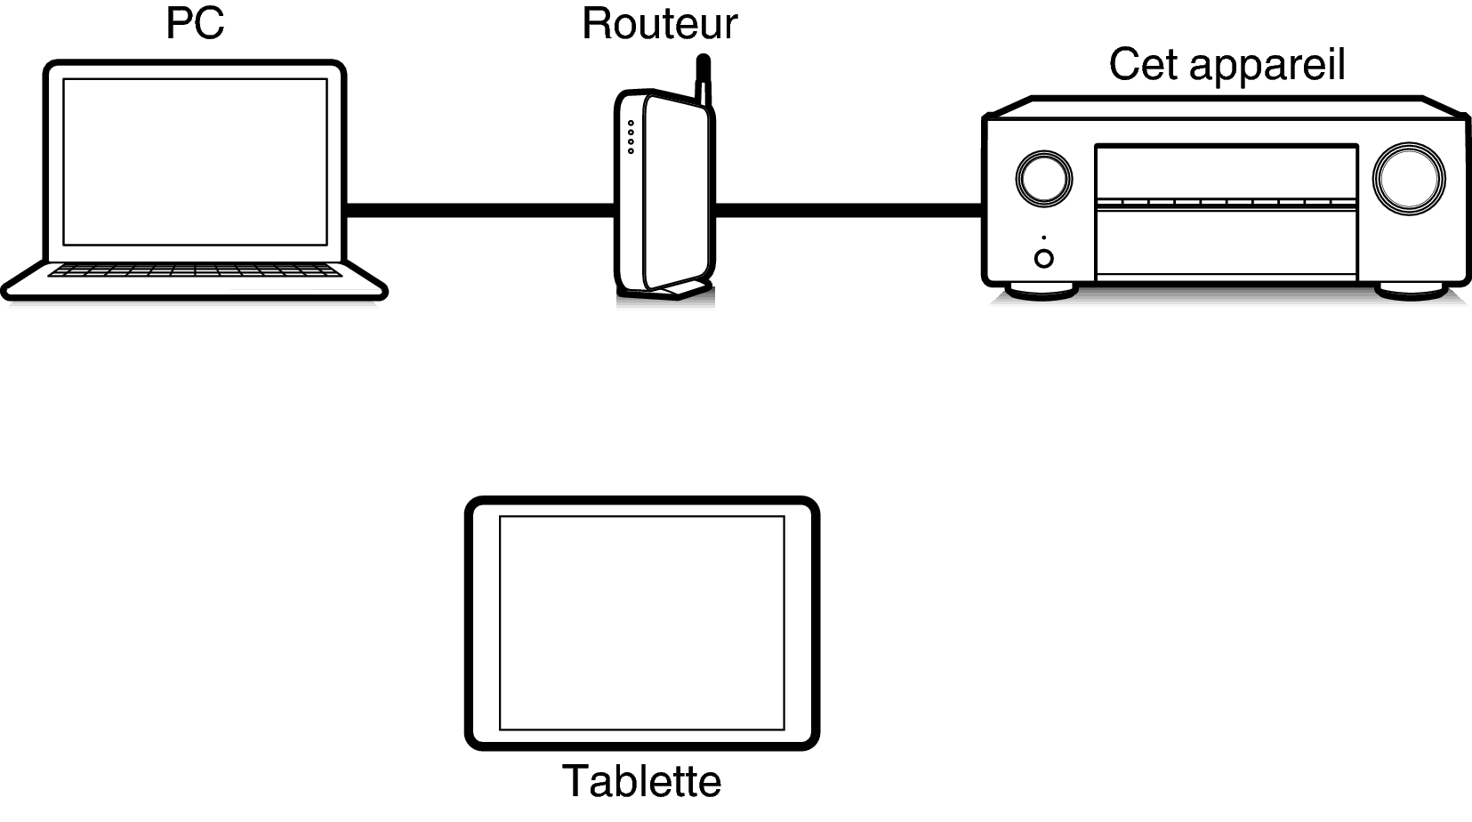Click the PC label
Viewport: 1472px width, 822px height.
195,23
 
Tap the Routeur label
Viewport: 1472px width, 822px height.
659,24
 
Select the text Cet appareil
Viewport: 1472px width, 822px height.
1227,66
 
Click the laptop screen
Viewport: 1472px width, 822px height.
195,162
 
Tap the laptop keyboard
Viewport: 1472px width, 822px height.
195,270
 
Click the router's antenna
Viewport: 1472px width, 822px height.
704,79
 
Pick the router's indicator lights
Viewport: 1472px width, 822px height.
631,137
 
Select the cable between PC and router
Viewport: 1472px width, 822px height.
479,210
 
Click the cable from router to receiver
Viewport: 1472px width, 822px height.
849,210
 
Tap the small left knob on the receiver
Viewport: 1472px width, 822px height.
1043,179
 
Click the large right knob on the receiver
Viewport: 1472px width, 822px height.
1408,179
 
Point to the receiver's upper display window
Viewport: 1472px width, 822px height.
1227,173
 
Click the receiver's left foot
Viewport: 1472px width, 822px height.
1041,292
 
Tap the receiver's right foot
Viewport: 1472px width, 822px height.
1411,292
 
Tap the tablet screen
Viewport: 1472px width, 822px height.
642,623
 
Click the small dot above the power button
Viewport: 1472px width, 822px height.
1043,238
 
